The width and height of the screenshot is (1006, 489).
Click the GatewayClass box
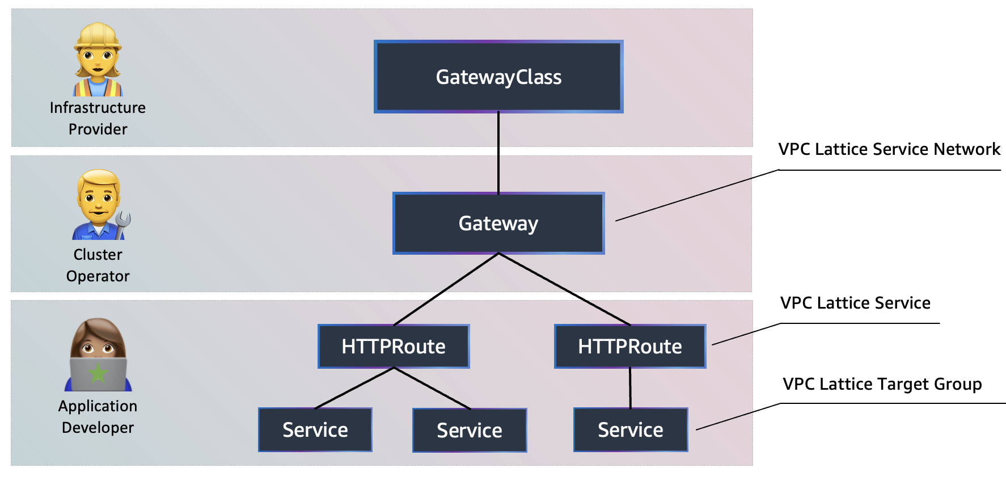pos(498,77)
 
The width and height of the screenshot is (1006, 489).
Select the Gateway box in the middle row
pos(498,223)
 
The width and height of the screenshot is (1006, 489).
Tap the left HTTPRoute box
pos(394,346)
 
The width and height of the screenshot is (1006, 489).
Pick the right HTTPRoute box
pos(629,346)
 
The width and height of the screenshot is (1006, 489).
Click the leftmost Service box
pos(315,429)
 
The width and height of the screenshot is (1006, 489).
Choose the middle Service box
pos(470,430)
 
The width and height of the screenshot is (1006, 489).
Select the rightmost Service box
pos(631,429)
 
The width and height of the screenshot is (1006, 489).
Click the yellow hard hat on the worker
pos(98,36)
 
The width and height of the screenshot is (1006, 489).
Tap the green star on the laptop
pos(98,373)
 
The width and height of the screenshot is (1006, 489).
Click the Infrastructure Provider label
pos(98,118)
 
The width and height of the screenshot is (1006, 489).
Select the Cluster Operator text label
pos(98,265)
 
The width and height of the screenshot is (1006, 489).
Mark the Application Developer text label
pos(98,416)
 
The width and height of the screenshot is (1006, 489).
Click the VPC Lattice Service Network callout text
pos(889,149)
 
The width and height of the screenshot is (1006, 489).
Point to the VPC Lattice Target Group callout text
pos(882,384)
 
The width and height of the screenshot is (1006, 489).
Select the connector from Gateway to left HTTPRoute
pos(446,289)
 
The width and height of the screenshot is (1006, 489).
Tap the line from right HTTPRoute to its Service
pos(630,388)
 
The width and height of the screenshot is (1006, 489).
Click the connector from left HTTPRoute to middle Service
pos(432,389)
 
